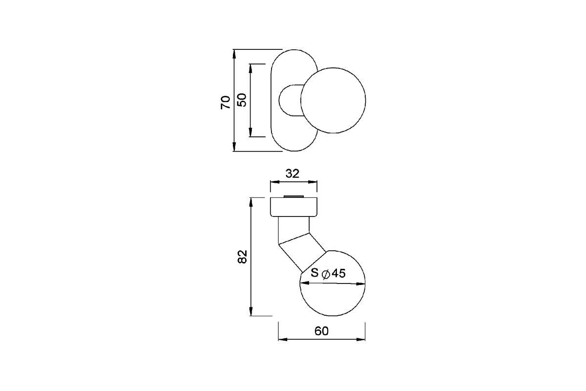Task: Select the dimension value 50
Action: (x=242, y=100)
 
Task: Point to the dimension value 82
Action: (x=242, y=256)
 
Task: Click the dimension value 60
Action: (x=321, y=331)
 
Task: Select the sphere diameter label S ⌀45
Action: (x=328, y=274)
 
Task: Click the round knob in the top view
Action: (x=333, y=100)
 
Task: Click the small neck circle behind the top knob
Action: (x=286, y=100)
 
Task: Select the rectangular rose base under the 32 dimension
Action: (x=294, y=208)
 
